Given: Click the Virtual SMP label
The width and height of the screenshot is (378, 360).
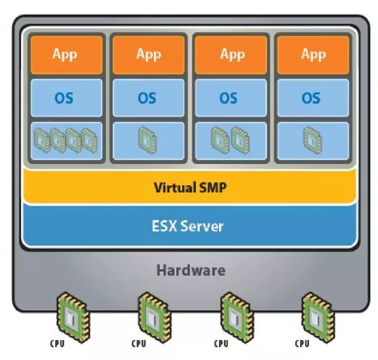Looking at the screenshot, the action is click(190, 187).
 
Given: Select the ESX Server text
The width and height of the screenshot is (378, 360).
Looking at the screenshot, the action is click(188, 226).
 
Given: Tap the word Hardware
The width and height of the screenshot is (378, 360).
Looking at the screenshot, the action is click(191, 270).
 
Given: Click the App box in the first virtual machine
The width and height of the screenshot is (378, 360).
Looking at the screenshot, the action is click(67, 55).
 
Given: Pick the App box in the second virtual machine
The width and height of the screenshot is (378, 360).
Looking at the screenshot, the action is click(148, 55).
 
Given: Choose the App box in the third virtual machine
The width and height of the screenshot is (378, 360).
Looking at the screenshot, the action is click(231, 55).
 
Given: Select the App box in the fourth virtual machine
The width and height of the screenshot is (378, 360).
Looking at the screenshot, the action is click(313, 55).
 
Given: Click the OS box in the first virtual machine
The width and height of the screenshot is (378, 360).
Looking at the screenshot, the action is click(67, 98).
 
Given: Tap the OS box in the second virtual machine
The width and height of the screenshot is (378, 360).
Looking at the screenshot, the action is click(148, 98).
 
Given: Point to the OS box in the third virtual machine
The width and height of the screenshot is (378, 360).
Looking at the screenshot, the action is click(231, 98).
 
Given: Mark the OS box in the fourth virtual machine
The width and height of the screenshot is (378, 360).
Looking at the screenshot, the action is click(313, 98).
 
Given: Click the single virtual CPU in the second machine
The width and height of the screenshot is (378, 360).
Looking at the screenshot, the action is click(148, 140).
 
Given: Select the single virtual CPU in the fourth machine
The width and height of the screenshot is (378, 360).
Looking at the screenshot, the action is click(312, 140).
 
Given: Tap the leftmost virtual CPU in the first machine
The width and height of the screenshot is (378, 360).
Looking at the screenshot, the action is click(43, 140).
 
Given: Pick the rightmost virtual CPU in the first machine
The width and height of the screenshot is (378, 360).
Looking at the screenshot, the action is click(90, 140).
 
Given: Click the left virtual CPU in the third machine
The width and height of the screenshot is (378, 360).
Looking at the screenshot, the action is click(221, 140).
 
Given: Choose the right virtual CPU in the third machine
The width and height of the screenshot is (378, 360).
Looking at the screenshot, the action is click(240, 140).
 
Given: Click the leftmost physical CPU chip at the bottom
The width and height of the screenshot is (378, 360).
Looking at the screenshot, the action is click(73, 317).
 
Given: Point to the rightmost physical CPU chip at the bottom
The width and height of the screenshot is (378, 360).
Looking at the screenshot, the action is click(318, 317).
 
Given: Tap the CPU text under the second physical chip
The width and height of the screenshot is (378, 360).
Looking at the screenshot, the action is click(139, 344).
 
